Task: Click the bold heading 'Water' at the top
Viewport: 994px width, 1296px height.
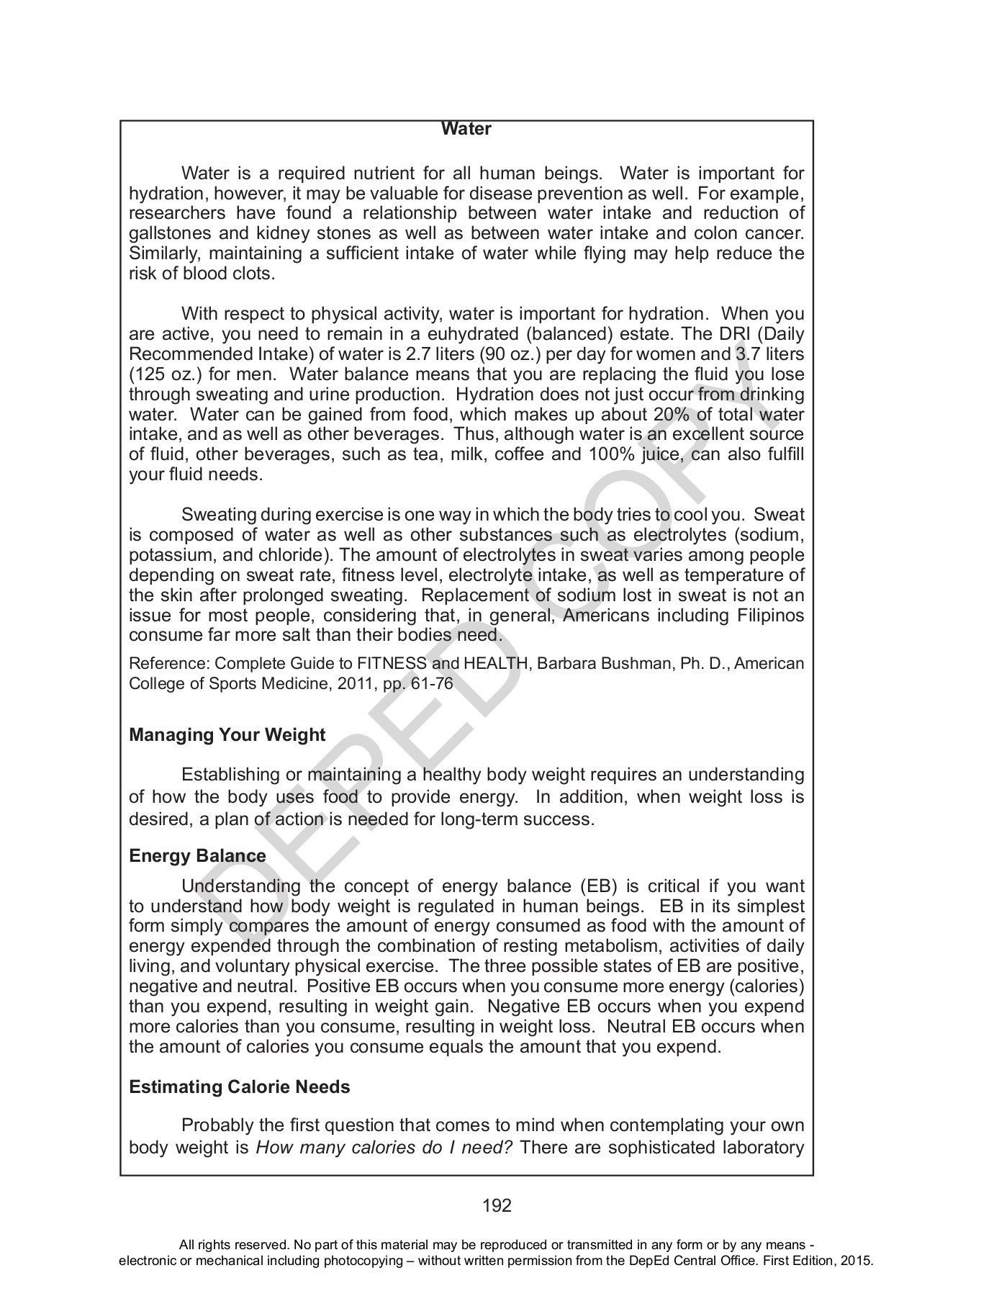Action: tap(466, 129)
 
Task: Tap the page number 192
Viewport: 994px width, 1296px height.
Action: tap(497, 1205)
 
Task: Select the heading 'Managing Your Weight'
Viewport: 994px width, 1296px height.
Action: tap(227, 735)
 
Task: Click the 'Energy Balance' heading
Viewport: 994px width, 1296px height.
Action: tap(197, 856)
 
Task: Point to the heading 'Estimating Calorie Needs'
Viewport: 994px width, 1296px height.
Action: tap(239, 1086)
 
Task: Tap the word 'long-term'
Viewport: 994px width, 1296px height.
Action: tap(480, 819)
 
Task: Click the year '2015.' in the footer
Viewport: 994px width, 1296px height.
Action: tap(857, 1261)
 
